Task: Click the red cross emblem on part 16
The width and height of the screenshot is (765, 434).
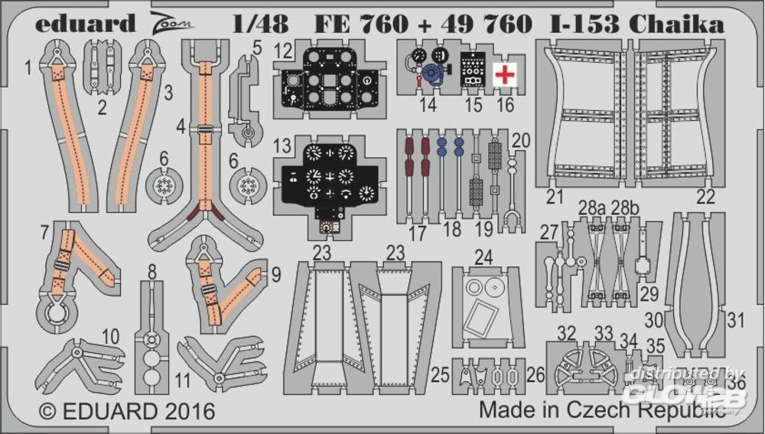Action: pos(503,74)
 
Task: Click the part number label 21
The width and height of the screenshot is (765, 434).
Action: pos(555,196)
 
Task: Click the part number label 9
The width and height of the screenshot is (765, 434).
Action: pos(275,273)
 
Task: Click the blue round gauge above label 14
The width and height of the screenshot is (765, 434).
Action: pos(432,74)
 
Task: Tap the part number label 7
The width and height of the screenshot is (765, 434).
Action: pos(47,229)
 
